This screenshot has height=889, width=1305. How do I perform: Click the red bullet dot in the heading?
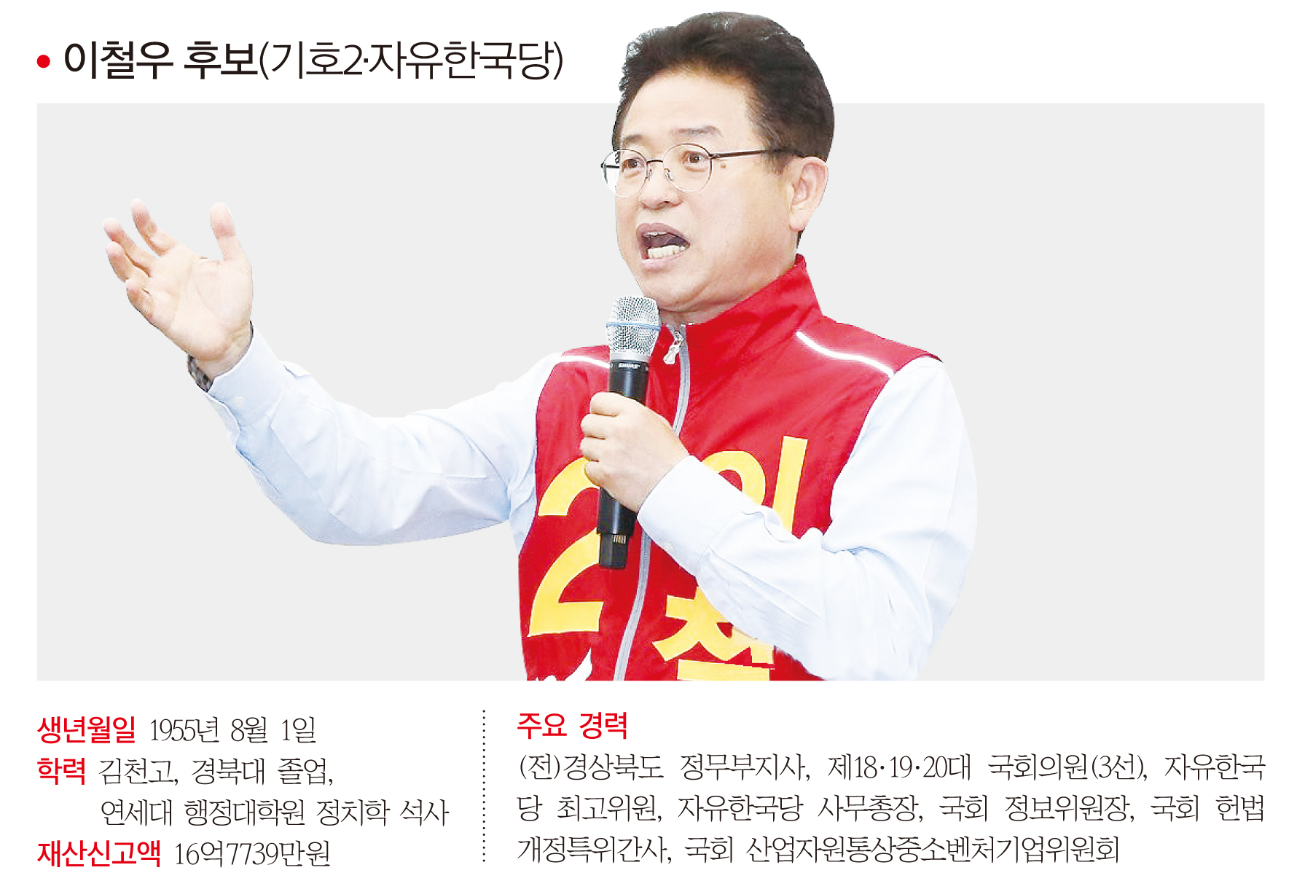[x=44, y=62]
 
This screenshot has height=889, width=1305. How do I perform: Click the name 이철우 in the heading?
[x=117, y=60]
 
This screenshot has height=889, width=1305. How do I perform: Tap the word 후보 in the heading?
[x=220, y=60]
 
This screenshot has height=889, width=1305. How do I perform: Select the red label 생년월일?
[x=86, y=729]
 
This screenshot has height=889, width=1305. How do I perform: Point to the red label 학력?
[x=61, y=770]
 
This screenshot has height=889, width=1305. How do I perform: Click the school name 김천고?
[x=138, y=771]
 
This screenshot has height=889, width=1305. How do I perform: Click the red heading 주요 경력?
[x=572, y=724]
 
